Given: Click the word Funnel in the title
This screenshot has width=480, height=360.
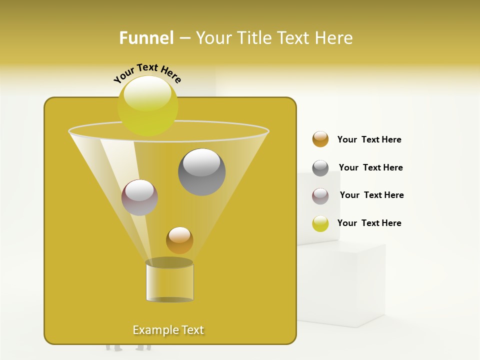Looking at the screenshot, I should click(x=146, y=38).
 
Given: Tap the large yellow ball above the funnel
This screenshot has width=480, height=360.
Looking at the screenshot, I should click(x=148, y=105).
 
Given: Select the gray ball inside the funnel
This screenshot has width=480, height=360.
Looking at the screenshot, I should click(x=201, y=172).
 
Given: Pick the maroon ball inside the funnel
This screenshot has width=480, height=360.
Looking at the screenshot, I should click(x=139, y=197).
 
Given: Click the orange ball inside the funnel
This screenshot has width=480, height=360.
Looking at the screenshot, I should click(x=179, y=240).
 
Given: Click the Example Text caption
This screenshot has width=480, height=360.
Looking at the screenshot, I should click(x=168, y=330).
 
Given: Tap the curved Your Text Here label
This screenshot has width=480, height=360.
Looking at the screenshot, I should click(x=147, y=73).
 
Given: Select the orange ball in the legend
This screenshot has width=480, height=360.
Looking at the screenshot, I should click(x=320, y=139).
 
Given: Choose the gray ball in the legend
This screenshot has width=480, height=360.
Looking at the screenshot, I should click(x=320, y=168).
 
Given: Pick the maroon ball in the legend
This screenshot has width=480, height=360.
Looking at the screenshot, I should click(x=320, y=196).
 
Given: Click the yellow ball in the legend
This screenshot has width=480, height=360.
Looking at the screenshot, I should click(x=320, y=223).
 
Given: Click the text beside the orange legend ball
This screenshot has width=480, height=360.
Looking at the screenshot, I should click(x=369, y=139).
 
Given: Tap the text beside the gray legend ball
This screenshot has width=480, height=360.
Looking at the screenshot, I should click(x=370, y=167).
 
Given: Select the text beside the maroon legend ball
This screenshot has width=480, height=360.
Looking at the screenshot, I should click(x=371, y=195).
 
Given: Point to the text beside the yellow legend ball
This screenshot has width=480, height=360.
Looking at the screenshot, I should click(x=369, y=223).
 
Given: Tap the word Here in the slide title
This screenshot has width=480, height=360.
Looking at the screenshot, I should click(x=334, y=38).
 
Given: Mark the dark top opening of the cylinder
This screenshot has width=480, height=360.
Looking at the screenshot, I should click(x=169, y=262).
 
